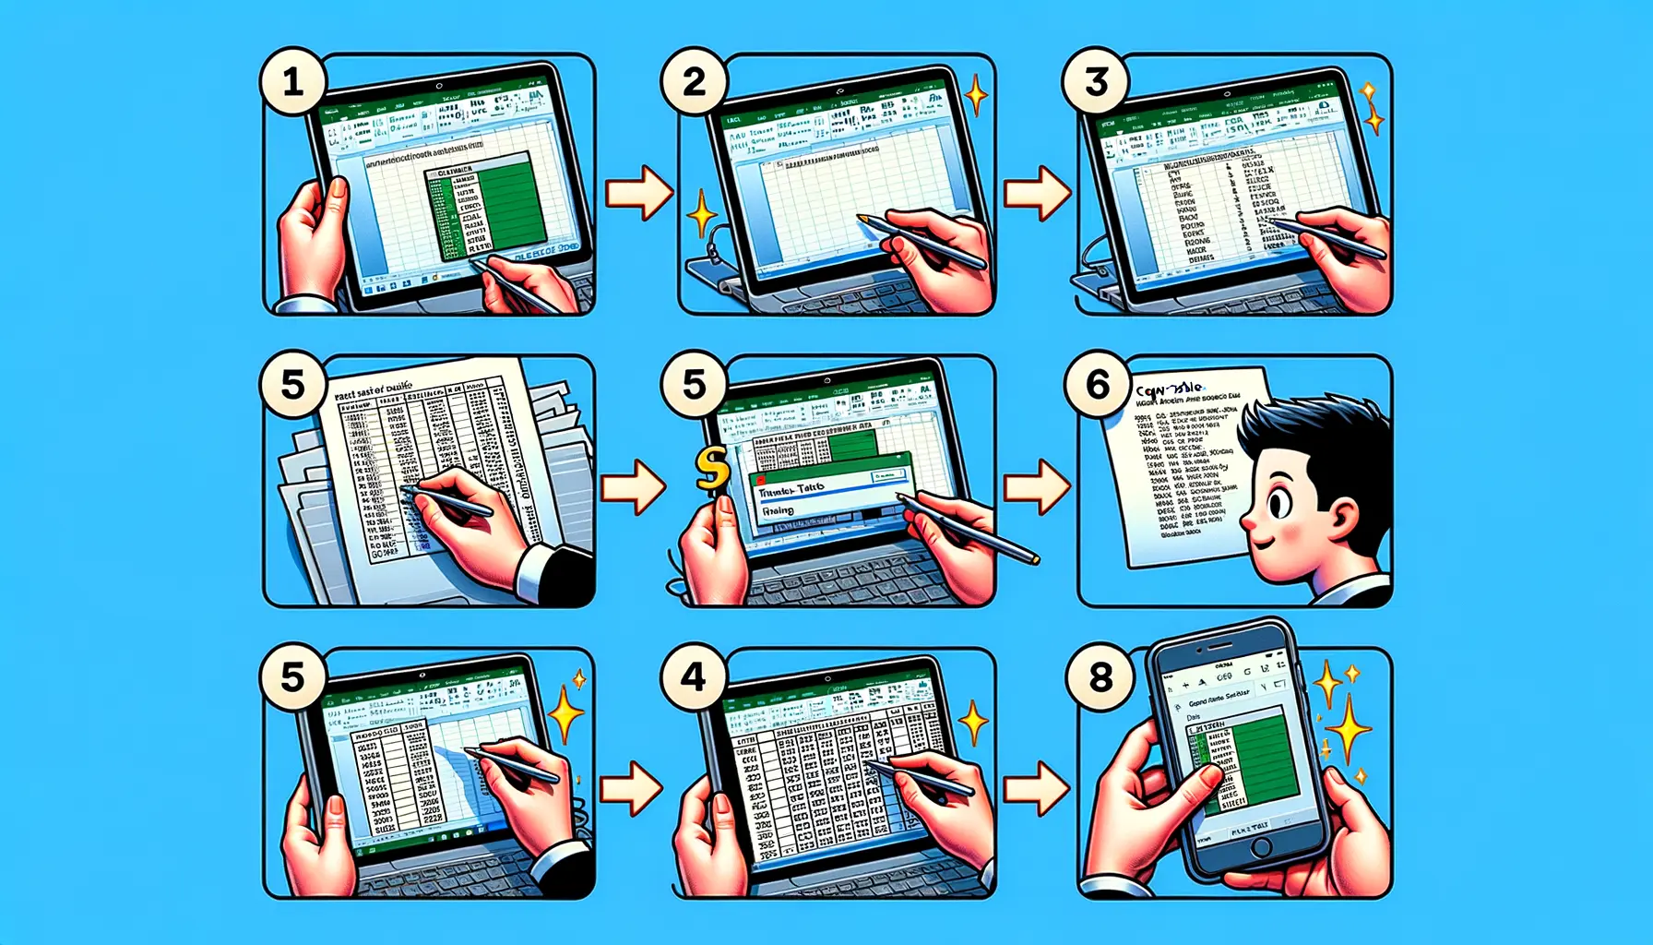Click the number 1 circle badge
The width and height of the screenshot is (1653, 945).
tap(292, 83)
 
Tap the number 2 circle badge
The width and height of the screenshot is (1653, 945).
tap(694, 83)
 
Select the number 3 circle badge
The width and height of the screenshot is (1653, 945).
tap(1096, 83)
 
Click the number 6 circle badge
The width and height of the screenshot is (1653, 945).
tap(1097, 384)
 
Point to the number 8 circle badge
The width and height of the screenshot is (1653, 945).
tap(1100, 678)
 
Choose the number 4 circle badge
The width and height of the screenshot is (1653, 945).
tap(694, 678)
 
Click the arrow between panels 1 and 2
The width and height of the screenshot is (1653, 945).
tap(638, 193)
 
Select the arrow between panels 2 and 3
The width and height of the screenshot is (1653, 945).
tap(1037, 193)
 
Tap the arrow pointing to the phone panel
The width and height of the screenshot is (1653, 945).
tap(1037, 788)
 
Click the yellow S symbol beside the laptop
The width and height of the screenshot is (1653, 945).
tap(711, 469)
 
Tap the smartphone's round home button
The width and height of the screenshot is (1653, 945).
tap(1261, 846)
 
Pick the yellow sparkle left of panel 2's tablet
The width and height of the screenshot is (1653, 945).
tap(702, 214)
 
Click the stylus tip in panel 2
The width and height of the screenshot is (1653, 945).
tap(861, 219)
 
